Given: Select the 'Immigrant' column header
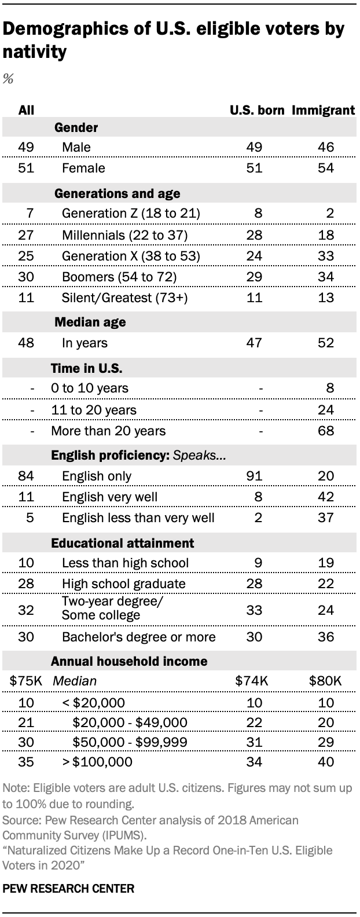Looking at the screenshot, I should click(323, 110).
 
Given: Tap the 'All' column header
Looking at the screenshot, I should click(27, 110).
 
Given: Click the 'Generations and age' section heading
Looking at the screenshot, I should click(117, 193).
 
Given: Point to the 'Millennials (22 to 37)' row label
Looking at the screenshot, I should click(124, 235).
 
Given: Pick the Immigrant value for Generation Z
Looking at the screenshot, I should click(329, 214).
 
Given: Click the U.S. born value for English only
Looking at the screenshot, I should click(255, 476).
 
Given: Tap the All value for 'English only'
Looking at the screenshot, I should click(27, 476).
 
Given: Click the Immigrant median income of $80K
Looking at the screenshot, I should click(326, 681).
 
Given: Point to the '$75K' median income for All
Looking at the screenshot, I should click(26, 681).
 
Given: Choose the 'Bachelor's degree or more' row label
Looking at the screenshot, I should click(139, 637).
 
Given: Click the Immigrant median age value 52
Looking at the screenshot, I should click(326, 343).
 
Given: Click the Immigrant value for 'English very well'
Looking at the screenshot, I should click(326, 496).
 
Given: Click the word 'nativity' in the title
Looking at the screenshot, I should click(35, 53).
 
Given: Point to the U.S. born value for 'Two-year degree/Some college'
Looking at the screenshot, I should click(255, 610).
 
